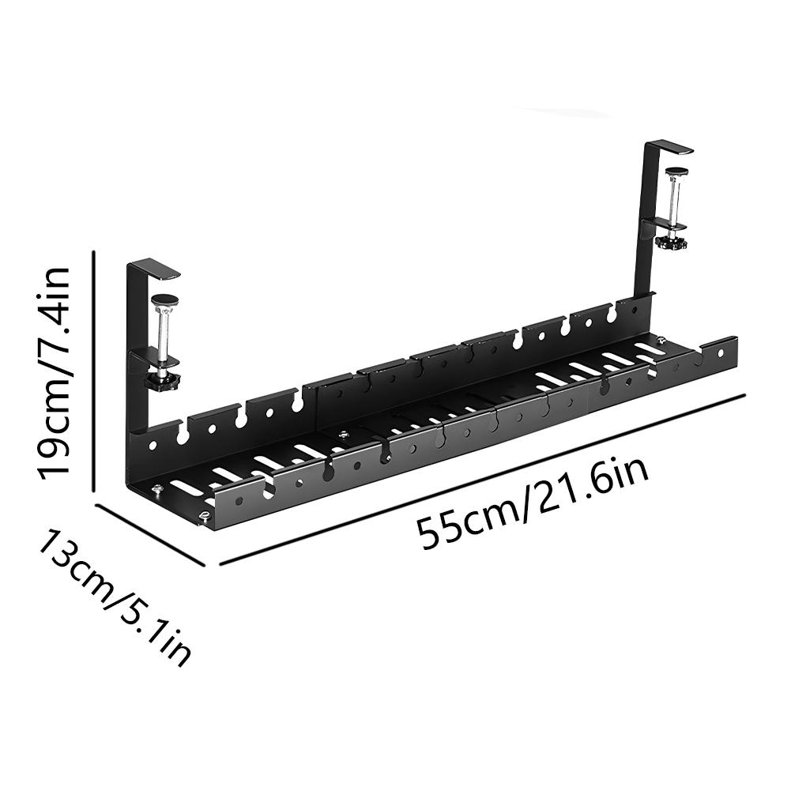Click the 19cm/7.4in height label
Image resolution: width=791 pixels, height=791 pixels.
pyautogui.click(x=54, y=371)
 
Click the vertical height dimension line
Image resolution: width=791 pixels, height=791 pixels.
pyautogui.click(x=95, y=371)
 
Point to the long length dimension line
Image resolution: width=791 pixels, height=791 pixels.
pyautogui.click(x=482, y=478)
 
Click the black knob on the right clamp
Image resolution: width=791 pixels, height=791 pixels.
pyautogui.click(x=673, y=242)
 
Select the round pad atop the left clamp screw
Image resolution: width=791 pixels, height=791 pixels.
pyautogui.click(x=165, y=299)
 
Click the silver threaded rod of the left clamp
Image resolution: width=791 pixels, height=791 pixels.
pyautogui.click(x=164, y=336)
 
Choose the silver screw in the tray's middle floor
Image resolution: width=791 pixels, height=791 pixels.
pyautogui.click(x=341, y=434)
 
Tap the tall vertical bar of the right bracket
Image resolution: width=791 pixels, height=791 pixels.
pyautogui.click(x=642, y=221)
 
